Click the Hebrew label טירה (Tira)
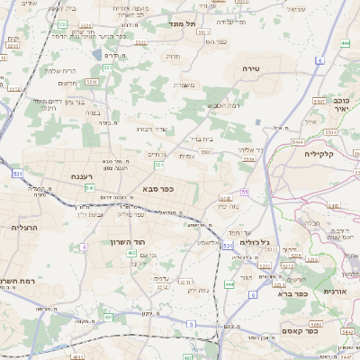(x=251, y=68)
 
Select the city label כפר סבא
(x=157, y=189)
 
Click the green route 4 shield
(x=84, y=246)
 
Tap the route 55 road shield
(x=244, y=192)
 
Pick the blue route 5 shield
(x=191, y=323)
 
